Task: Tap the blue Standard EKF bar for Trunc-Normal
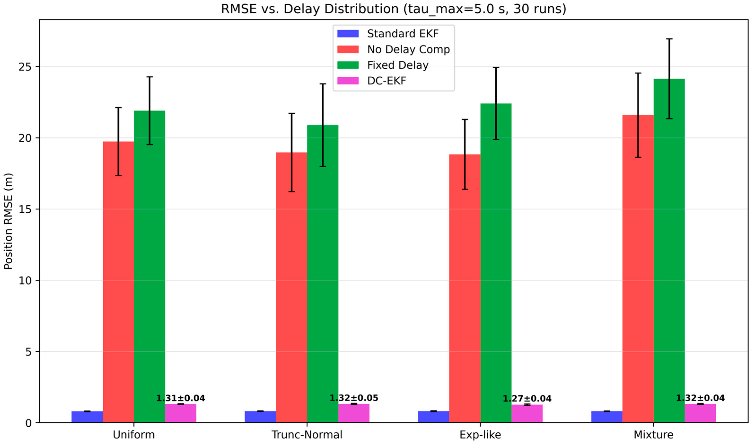click(x=260, y=417)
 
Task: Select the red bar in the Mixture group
click(x=638, y=269)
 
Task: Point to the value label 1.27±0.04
click(x=527, y=398)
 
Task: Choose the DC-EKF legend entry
click(x=386, y=81)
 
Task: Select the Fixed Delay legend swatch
click(x=348, y=65)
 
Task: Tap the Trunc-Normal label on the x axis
click(x=307, y=435)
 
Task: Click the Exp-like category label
click(x=480, y=435)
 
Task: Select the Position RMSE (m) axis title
click(x=8, y=221)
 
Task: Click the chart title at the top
click(x=393, y=9)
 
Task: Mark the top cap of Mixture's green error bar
click(x=669, y=39)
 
